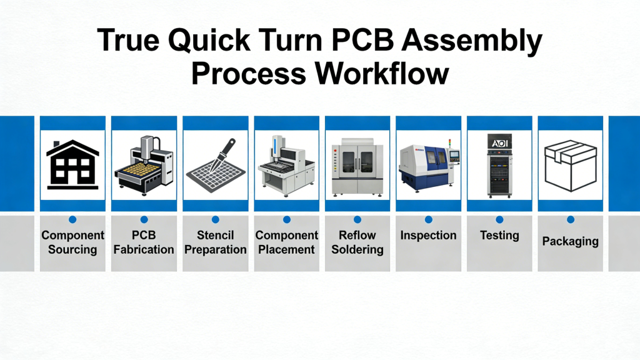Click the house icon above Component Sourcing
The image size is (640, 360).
click(x=72, y=164)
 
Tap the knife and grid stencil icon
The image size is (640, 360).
click(x=215, y=164)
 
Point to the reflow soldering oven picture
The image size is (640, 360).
click(x=357, y=165)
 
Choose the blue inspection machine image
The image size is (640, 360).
click(x=429, y=165)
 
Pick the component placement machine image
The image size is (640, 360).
click(x=286, y=165)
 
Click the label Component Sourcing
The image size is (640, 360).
click(x=72, y=242)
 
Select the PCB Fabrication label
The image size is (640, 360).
click(x=144, y=242)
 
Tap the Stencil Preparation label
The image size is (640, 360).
click(x=215, y=242)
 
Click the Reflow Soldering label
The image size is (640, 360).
click(x=357, y=242)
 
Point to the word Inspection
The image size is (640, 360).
click(x=429, y=236)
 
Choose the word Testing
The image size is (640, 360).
click(x=499, y=236)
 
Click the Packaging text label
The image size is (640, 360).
click(x=571, y=241)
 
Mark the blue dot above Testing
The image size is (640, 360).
click(x=499, y=219)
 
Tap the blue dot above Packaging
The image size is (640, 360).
click(x=571, y=219)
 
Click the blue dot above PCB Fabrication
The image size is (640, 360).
click(x=144, y=219)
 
